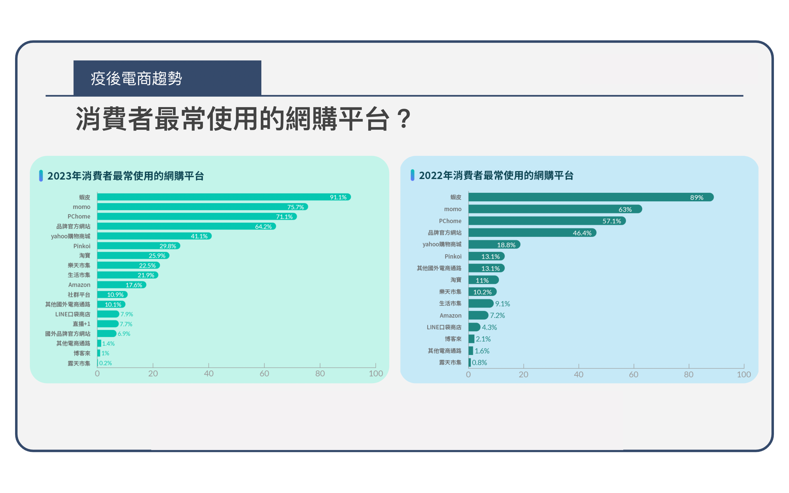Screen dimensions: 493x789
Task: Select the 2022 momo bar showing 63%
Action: tap(554, 209)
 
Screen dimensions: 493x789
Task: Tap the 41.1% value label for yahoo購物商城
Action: tap(199, 236)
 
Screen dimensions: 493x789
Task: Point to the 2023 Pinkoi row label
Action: tap(82, 246)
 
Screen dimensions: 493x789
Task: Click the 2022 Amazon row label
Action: tap(450, 315)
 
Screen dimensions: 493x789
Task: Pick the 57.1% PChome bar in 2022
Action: tap(547, 221)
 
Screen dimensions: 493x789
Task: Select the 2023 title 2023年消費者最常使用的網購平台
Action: tap(125, 176)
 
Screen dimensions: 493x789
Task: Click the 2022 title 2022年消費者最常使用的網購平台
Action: tap(496, 175)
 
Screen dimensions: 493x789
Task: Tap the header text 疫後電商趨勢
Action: tap(136, 79)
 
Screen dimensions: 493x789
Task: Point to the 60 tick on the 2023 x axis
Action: tap(264, 373)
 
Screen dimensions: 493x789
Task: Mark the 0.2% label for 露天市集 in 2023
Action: tap(105, 363)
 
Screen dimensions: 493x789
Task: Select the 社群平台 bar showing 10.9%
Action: tap(112, 294)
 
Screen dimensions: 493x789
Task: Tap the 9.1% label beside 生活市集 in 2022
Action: tap(502, 303)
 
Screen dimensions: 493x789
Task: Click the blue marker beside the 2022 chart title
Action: tap(412, 175)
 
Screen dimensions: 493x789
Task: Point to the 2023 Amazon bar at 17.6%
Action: tap(121, 285)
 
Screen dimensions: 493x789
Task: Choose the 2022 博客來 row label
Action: tap(453, 339)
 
